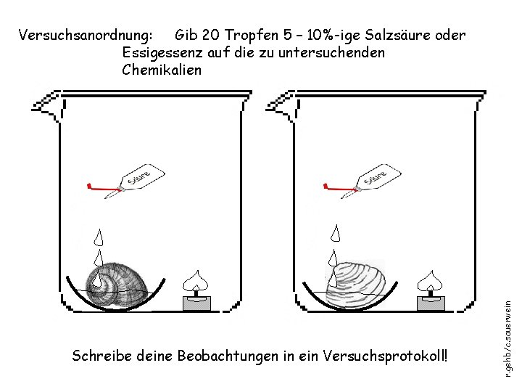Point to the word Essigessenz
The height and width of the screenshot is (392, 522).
[164, 52]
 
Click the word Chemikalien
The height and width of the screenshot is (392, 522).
[162, 70]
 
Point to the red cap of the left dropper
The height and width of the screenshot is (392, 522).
[89, 186]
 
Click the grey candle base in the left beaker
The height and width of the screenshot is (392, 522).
[196, 303]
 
